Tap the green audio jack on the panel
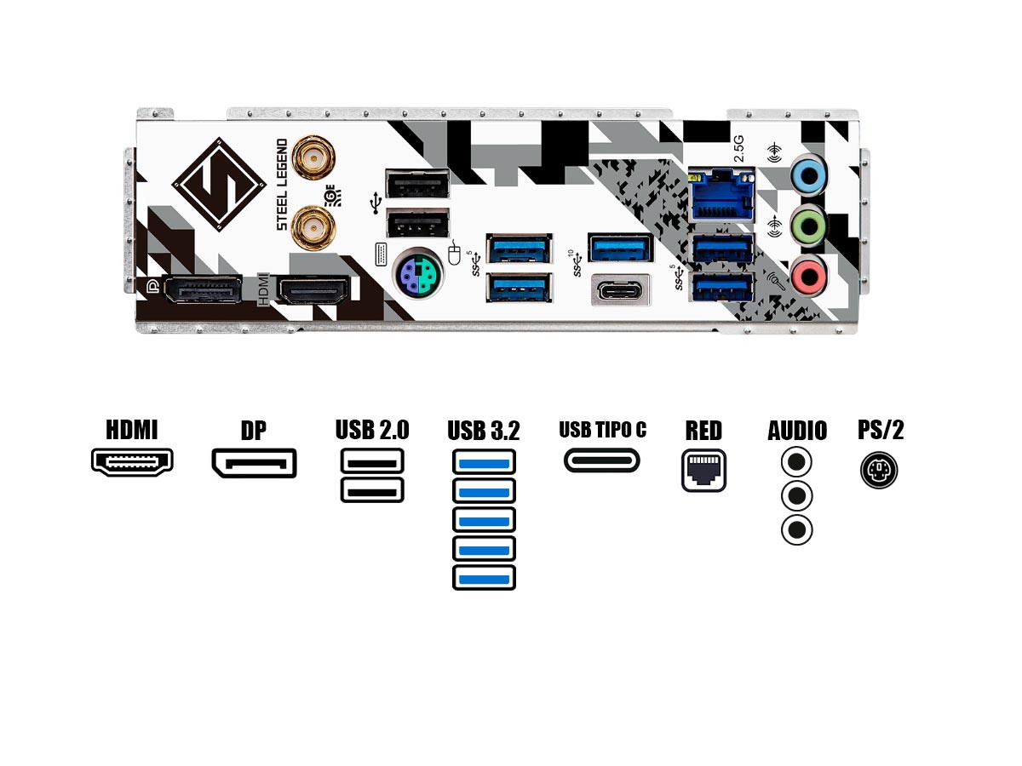[x=808, y=226]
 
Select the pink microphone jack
[x=808, y=275]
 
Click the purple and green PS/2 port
[x=416, y=274]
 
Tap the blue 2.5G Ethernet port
[x=723, y=195]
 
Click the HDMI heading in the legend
[x=132, y=430]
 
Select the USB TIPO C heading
[x=602, y=430]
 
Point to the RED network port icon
[x=703, y=469]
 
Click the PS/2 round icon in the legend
[x=880, y=469]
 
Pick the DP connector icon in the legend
[x=254, y=462]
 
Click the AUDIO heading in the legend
[x=796, y=431]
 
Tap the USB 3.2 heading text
[x=484, y=431]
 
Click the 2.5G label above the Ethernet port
[x=739, y=147]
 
